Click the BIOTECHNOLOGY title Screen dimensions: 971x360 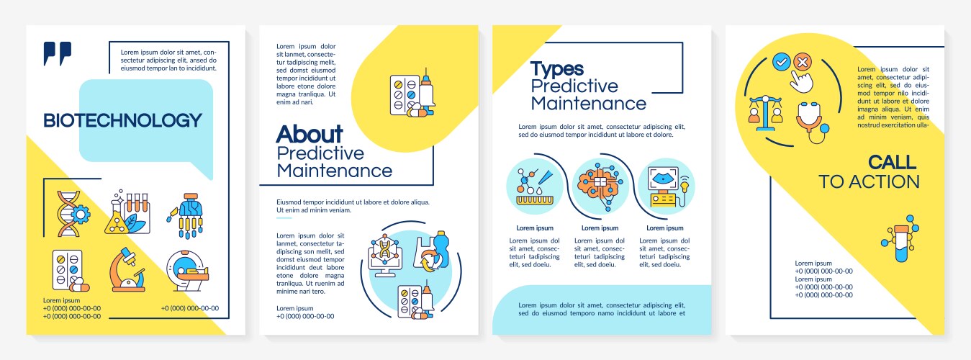point(122,120)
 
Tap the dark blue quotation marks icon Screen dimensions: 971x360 point(57,53)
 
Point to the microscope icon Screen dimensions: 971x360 point(127,269)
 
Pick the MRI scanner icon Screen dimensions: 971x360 point(188,271)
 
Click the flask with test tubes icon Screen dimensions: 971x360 point(127,212)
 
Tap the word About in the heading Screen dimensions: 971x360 point(310,134)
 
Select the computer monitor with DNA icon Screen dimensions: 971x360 point(384,255)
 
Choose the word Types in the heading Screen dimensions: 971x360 point(557,69)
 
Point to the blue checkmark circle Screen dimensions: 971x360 point(781,63)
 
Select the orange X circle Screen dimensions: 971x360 point(803,62)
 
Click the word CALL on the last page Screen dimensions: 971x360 point(892,162)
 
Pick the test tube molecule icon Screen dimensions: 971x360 point(900,238)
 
